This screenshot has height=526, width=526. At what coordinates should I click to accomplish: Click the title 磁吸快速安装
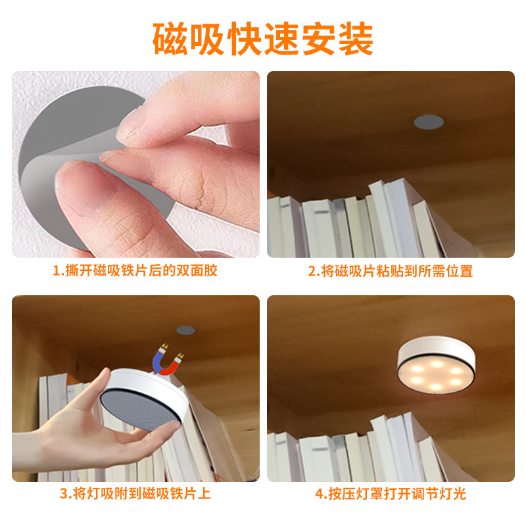tap(263, 39)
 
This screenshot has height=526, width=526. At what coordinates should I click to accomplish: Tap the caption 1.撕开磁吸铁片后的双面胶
tap(135, 270)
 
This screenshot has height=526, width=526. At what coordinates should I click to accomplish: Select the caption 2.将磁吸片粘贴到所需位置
tap(391, 270)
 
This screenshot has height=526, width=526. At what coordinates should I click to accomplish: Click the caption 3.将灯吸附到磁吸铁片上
tap(135, 493)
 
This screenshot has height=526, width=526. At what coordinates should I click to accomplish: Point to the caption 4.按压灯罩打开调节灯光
tap(391, 493)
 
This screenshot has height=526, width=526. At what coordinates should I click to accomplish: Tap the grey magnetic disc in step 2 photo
tap(428, 121)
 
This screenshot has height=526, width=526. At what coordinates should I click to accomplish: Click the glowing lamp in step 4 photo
tap(436, 365)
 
